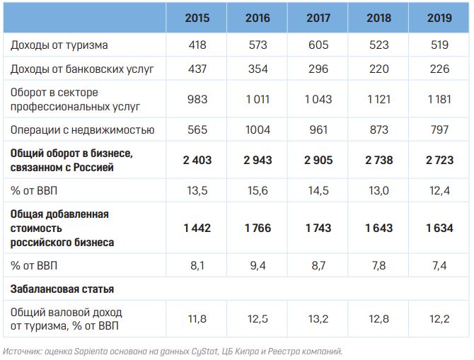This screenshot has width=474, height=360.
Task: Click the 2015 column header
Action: coord(196,18)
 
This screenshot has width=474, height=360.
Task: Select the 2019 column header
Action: coord(440,18)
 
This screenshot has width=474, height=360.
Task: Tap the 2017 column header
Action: coord(319,18)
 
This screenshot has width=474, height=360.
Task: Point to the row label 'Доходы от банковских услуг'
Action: coord(82,70)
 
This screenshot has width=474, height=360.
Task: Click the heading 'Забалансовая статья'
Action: coord(62,289)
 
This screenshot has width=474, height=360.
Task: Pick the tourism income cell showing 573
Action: coord(258,45)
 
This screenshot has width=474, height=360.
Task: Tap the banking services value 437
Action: coord(196,70)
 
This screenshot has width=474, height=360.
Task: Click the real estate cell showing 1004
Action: coord(258,130)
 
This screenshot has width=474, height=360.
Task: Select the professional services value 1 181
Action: coord(440,100)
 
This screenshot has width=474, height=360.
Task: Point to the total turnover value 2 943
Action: coord(258,161)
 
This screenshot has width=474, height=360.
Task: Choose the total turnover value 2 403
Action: coord(196,161)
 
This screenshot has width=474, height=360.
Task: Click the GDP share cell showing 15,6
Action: coord(258,190)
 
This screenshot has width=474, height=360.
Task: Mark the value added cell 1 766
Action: coord(258,228)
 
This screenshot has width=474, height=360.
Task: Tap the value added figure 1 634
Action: coord(440,228)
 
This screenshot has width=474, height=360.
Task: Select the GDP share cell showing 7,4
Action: coord(440,265)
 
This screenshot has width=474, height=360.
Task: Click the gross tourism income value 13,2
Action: coord(319,318)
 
